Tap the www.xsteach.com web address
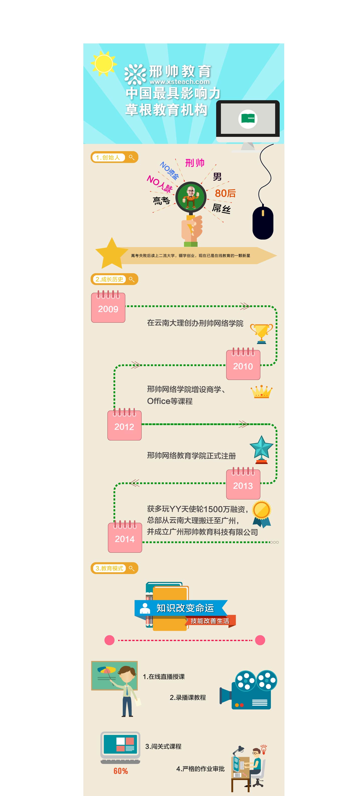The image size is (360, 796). (x=179, y=82)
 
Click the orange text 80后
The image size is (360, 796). (x=225, y=193)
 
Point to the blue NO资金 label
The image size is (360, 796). (x=169, y=170)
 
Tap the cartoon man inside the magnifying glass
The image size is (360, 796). (x=191, y=197)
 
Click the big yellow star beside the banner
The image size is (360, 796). (x=111, y=253)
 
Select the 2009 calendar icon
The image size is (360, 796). (x=108, y=307)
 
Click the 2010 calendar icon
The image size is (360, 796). (x=243, y=365)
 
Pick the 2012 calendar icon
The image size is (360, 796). (x=124, y=425)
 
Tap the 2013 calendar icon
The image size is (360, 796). (x=243, y=484)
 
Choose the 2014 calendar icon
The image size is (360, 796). (x=125, y=537)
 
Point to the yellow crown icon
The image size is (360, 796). (x=261, y=391)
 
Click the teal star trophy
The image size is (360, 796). (x=261, y=449)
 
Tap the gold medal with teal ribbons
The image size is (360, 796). (x=261, y=513)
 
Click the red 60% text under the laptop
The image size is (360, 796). (x=121, y=771)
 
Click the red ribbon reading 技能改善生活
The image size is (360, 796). (x=210, y=621)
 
